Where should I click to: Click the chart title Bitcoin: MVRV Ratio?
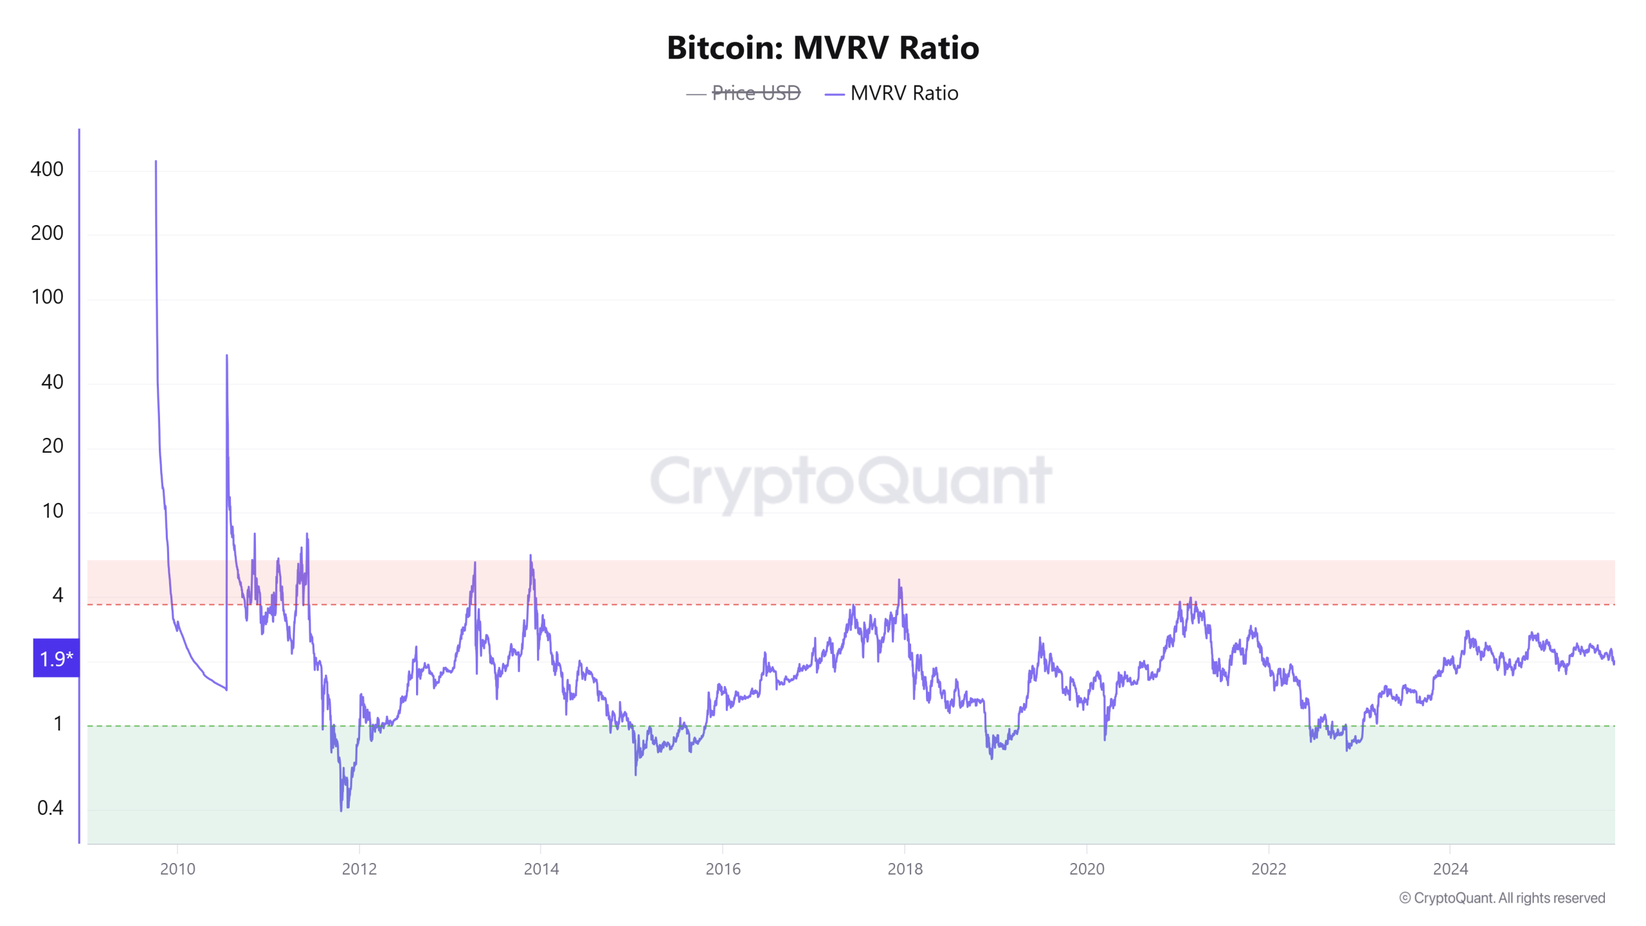pos(822,48)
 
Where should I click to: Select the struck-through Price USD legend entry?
pos(755,93)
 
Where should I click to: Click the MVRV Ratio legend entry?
pos(903,93)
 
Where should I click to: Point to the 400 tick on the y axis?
pos(47,169)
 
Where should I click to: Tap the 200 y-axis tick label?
pos(47,233)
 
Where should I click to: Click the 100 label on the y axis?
pos(47,296)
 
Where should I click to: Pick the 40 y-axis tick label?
pos(52,382)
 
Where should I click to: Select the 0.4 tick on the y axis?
pos(50,808)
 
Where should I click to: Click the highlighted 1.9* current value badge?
pos(56,658)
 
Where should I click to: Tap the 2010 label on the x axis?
pos(177,869)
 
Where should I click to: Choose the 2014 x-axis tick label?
pos(541,869)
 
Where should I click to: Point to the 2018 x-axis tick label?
pos(905,869)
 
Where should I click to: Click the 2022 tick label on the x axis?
pos(1268,869)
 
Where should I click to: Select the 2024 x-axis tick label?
pos(1450,869)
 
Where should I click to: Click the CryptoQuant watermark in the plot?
pos(850,481)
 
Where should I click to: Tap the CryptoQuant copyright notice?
pos(1501,898)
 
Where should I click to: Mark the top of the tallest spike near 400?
pos(156,161)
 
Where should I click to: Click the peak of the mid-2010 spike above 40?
pos(226,356)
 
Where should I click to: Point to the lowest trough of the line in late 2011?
pos(341,810)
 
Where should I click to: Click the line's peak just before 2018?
pos(899,580)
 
